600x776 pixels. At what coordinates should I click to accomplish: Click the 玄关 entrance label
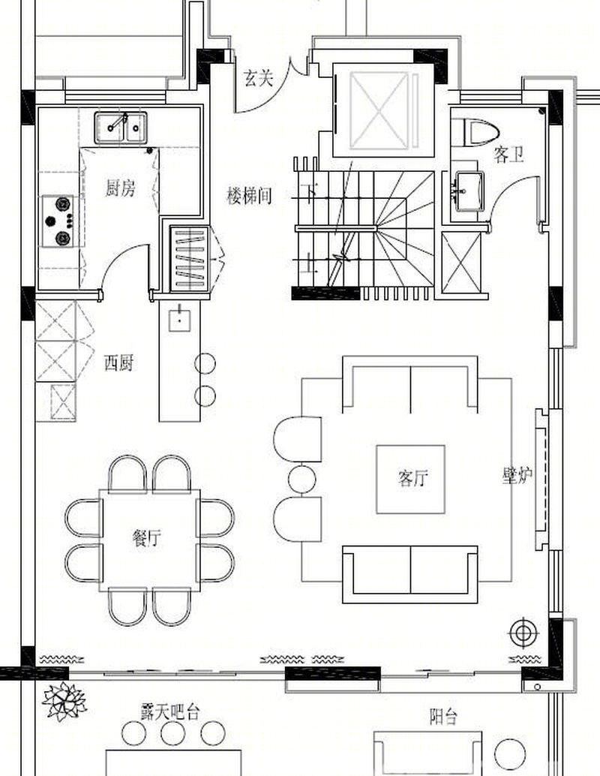click(258, 78)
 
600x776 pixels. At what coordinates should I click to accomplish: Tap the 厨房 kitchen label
click(120, 188)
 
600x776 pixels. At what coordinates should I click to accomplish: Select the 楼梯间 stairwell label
click(249, 196)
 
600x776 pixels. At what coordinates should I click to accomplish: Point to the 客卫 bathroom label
click(509, 155)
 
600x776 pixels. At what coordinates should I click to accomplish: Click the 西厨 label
click(118, 362)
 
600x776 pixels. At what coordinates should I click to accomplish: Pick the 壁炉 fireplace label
click(517, 476)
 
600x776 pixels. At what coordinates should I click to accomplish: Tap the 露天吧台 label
click(169, 712)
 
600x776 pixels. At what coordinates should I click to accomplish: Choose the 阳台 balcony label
click(443, 717)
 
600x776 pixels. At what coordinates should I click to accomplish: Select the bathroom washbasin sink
click(469, 191)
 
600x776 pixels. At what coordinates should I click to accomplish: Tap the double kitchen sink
click(121, 128)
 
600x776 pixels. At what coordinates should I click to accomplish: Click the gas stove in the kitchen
click(58, 221)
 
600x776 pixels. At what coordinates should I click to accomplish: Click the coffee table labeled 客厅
click(410, 479)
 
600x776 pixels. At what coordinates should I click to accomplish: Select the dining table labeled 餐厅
click(150, 540)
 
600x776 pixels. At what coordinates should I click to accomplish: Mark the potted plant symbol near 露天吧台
click(64, 701)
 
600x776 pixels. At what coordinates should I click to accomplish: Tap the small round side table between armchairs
click(301, 479)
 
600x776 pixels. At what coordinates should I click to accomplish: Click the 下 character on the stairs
click(310, 191)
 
